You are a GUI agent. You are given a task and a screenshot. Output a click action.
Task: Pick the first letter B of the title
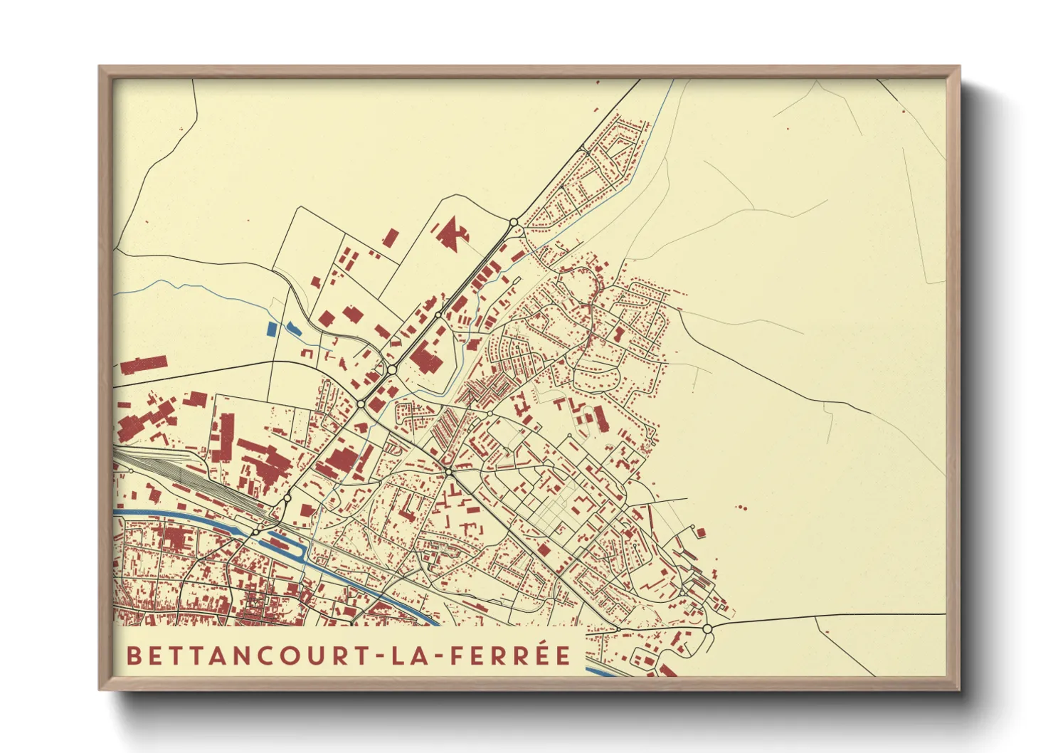pos(132,655)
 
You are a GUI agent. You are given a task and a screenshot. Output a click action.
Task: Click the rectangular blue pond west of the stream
pos(270,329)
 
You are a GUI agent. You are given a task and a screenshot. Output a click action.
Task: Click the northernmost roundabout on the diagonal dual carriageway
pos(514,222)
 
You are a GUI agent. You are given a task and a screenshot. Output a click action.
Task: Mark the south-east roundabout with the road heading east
pos(707,628)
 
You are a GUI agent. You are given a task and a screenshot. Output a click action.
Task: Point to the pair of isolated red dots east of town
pos(742,507)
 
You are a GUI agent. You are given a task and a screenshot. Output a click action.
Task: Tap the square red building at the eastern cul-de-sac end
pos(701,532)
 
